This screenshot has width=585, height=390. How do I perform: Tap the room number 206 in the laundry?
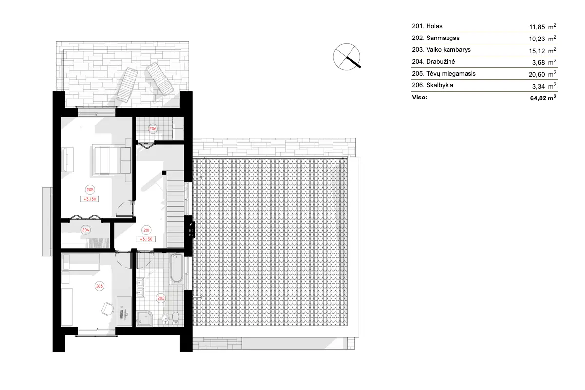pos(152,129)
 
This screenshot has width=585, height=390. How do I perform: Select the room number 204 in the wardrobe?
pos(86,230)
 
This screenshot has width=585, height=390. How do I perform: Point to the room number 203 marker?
pos(100,286)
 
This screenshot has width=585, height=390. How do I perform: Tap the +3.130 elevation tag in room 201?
pos(146,239)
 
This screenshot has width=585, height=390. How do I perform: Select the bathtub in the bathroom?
pos(176,269)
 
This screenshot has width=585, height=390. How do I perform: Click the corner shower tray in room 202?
pos(144,318)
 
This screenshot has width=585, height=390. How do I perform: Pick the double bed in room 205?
pos(111,160)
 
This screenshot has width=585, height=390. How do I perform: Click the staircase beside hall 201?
pos(175,210)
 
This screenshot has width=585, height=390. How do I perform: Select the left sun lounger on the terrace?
pos(128,84)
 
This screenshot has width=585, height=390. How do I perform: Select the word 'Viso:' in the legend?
pos(420,97)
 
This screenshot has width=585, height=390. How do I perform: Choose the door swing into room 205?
pos(126,210)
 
